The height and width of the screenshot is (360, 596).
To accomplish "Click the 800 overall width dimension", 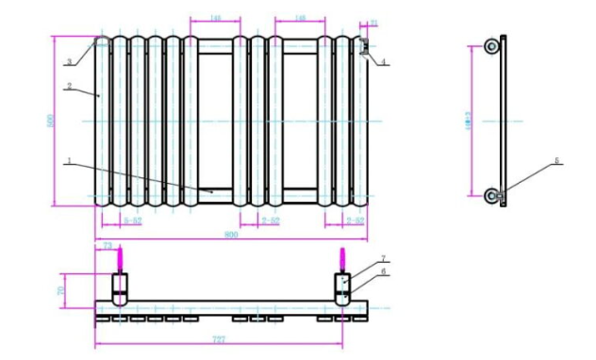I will (x=231, y=234).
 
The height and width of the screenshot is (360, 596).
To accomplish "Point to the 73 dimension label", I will (x=108, y=245).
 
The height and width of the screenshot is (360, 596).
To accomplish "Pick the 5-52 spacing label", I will (x=133, y=221).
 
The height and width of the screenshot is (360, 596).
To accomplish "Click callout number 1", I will (x=69, y=161).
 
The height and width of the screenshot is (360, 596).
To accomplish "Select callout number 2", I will (x=69, y=87).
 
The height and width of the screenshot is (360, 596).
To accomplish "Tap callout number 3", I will (x=69, y=62).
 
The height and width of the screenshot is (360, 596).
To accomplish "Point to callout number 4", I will (x=383, y=62).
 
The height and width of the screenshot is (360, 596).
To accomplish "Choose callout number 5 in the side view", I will (x=556, y=161).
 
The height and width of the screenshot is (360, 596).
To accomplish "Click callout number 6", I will (x=384, y=271).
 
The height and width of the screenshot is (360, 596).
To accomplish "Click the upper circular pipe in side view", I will (x=491, y=46).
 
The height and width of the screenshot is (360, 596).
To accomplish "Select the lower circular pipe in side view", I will (x=491, y=195).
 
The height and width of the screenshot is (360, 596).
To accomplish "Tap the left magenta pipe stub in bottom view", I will (x=120, y=259).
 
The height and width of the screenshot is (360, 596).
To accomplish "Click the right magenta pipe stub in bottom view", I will (x=342, y=259).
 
